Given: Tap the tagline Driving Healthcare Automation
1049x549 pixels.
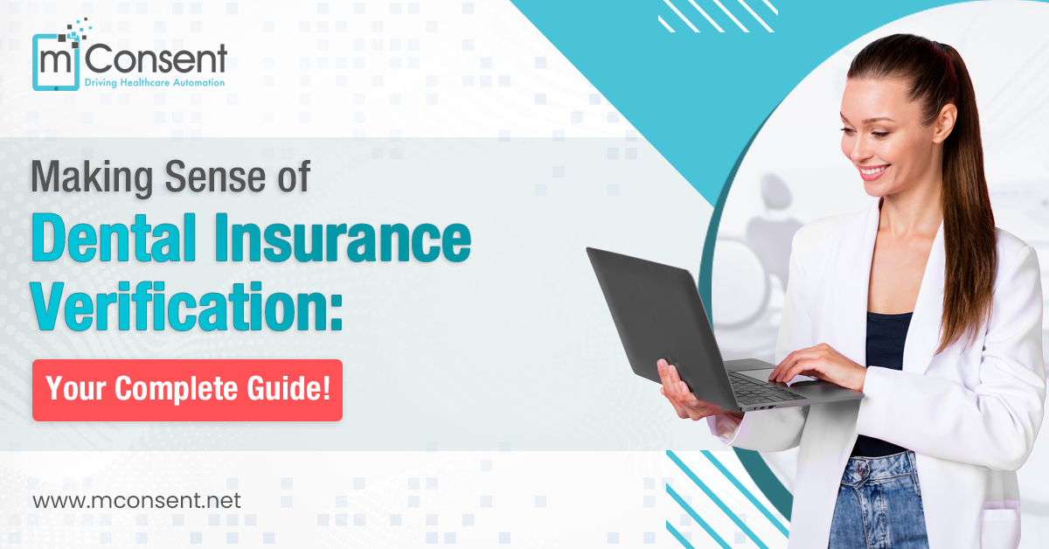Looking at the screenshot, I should coord(154,83).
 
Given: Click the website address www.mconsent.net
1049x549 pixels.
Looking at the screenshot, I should coord(136,501).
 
